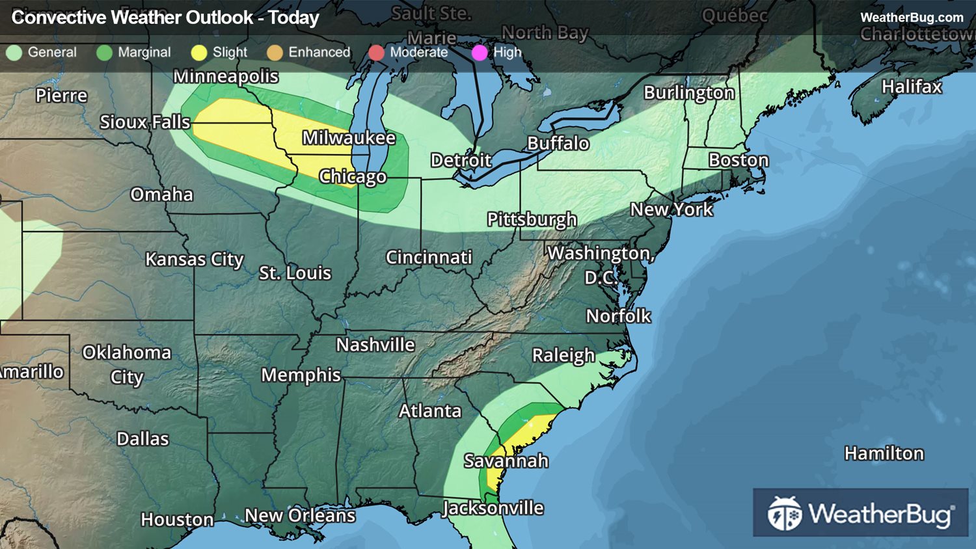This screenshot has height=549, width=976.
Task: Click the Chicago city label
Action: click(x=353, y=177)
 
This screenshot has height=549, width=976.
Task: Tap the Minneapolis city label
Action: click(x=226, y=77)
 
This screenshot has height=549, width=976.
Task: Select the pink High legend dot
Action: click(x=480, y=53)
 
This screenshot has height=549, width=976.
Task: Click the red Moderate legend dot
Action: click(x=376, y=53)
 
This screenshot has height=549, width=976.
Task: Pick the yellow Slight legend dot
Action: click(x=199, y=53)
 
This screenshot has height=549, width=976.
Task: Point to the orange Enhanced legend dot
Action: click(x=275, y=53)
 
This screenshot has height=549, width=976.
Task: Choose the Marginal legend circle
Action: click(x=104, y=53)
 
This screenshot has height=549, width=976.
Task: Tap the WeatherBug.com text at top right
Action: click(x=912, y=18)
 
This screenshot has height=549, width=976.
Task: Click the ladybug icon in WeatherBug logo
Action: click(x=785, y=514)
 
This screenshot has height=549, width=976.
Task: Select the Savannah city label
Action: click(x=506, y=461)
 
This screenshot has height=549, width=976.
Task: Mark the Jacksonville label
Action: click(x=493, y=508)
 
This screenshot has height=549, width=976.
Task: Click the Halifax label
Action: click(x=912, y=87)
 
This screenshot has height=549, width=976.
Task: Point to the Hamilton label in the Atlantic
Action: click(x=884, y=453)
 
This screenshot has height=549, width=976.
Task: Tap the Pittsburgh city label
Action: click(x=532, y=220)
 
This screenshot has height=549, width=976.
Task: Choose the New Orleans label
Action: click(x=300, y=516)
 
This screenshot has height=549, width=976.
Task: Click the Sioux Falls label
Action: click(x=145, y=122)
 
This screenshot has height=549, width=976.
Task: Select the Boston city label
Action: click(x=739, y=160)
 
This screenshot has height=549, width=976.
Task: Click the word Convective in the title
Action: click(x=59, y=18)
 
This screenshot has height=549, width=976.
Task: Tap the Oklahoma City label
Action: click(x=127, y=364)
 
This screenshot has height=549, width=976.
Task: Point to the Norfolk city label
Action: click(x=618, y=316)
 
